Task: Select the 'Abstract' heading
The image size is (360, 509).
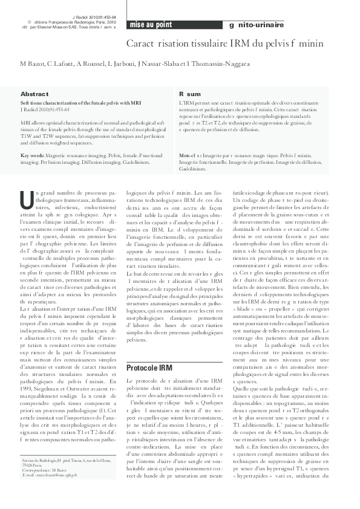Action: tap(34, 94)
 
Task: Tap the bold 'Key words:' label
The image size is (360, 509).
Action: tap(32, 156)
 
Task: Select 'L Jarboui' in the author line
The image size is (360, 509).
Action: tap(133, 64)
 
